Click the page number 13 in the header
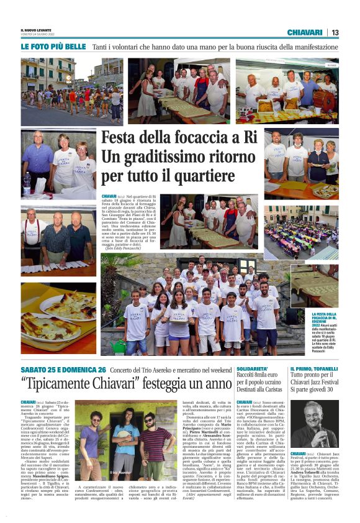(335, 32)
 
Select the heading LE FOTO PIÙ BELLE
(53, 47)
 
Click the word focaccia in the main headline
(187, 137)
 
